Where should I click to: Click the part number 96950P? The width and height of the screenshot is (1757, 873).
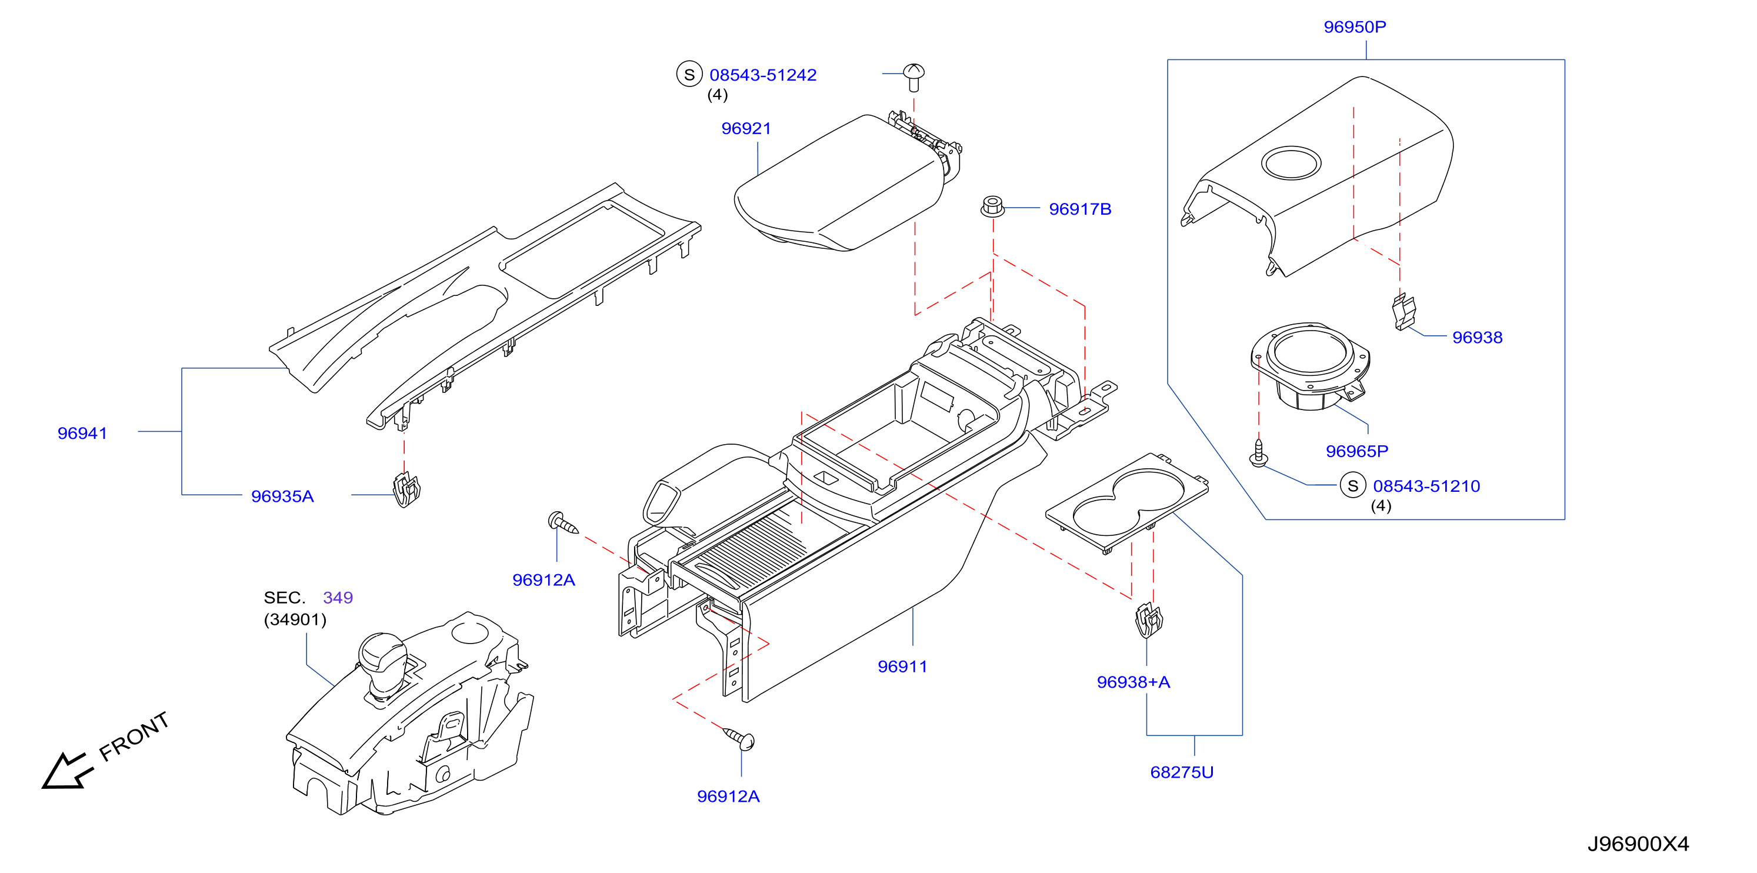1355,26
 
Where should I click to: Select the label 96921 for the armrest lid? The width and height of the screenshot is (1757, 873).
746,128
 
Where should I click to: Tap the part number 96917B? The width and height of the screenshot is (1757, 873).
1080,209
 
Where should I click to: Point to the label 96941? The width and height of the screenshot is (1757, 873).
82,433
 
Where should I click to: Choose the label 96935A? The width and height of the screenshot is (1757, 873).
282,496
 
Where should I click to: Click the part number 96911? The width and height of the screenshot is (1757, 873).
902,667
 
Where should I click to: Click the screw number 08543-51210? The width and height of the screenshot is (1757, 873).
1426,487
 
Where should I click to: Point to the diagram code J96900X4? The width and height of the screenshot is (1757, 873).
1638,844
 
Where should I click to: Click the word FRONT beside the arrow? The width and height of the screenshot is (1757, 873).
134,737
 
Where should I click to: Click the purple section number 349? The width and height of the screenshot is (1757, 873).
338,598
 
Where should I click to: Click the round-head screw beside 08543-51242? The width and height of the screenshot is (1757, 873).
914,76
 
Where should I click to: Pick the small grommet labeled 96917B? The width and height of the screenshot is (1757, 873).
992,206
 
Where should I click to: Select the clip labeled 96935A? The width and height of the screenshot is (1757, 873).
406,489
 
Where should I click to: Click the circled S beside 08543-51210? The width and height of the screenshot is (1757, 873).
1353,485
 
